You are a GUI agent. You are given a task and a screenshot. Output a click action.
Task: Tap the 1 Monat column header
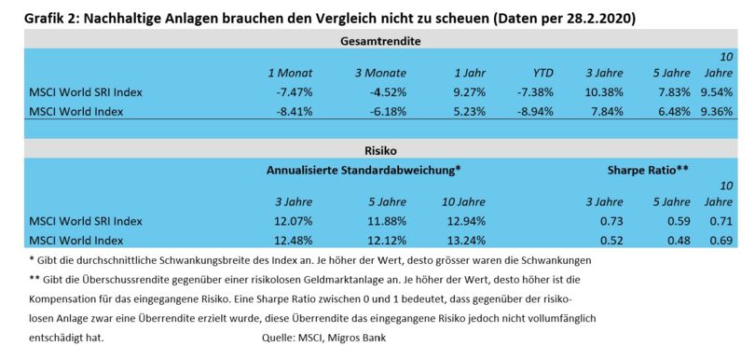pos(290,73)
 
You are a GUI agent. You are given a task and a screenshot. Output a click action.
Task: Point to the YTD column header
pos(542,73)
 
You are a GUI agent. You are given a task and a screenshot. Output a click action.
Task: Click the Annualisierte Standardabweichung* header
pos(364,170)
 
